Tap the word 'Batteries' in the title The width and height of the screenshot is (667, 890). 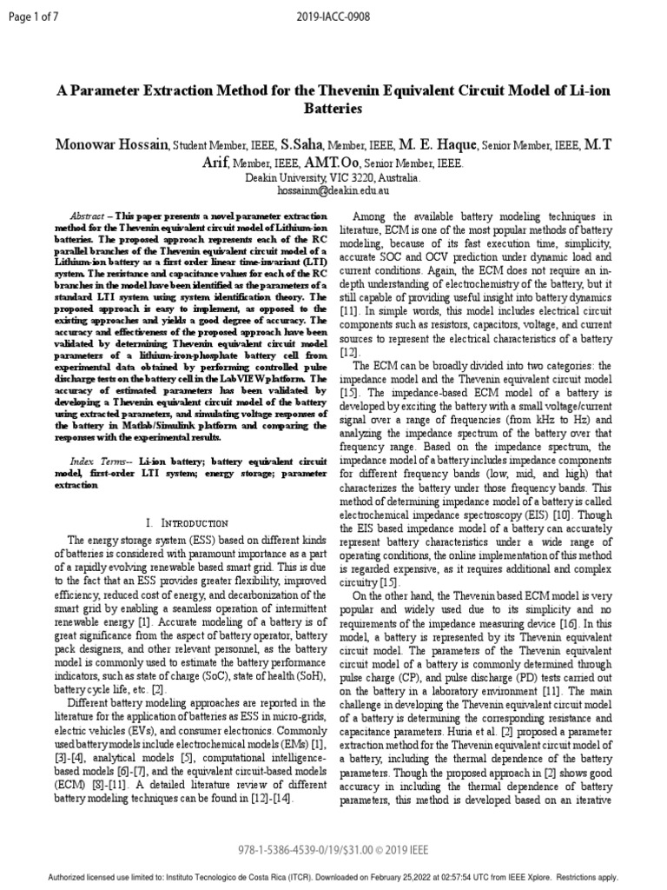click(x=333, y=110)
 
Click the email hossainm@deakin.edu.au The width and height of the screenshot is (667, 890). click(x=333, y=189)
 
